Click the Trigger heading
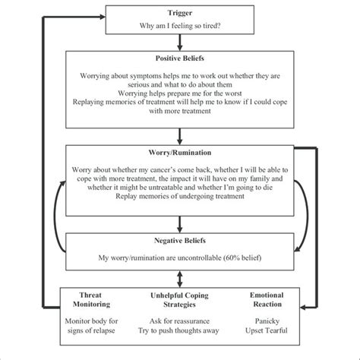[x=180, y=13]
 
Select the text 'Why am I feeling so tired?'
[x=180, y=26]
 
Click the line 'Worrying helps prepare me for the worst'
[x=180, y=92]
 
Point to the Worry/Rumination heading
[x=180, y=153]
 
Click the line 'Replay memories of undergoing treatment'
[x=180, y=196]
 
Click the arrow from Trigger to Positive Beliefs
[x=180, y=42]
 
